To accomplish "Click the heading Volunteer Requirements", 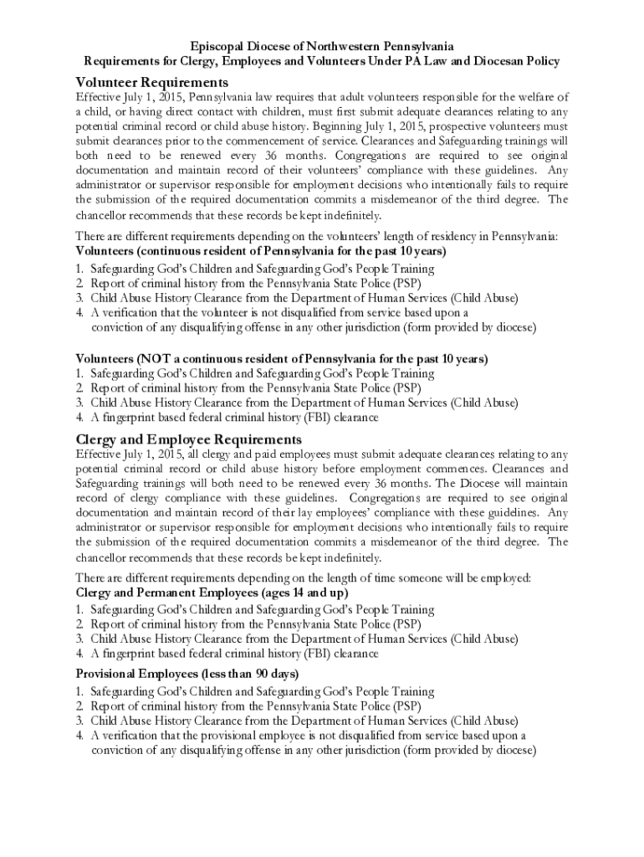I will [151, 82].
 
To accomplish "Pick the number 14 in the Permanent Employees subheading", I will [284, 593].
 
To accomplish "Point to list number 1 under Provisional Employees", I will [79, 691].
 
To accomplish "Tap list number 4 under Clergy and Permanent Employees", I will [79, 654].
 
